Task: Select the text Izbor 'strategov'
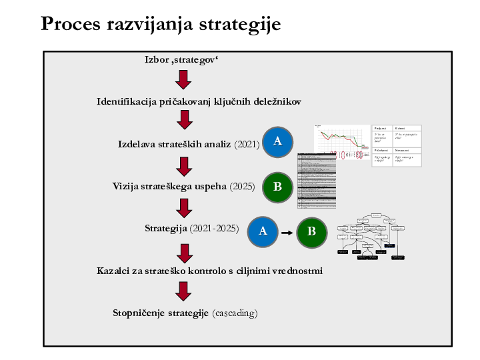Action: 182,60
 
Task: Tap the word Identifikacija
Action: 127,102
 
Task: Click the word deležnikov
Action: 276,102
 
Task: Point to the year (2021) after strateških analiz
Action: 247,144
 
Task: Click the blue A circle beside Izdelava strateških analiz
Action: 278,141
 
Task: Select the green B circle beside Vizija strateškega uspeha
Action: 278,187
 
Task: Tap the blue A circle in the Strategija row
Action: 263,231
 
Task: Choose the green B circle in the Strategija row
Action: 311,231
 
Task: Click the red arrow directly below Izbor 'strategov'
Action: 183,80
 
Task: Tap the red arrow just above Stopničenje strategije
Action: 183,291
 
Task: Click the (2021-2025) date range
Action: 214,229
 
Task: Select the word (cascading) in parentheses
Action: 235,313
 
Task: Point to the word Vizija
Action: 125,187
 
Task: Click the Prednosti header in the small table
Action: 381,128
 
